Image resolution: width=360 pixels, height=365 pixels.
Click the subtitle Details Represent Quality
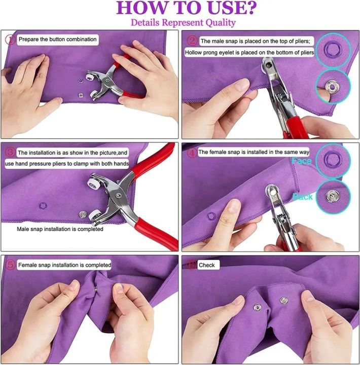[183, 22]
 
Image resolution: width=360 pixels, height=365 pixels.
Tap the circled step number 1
[10, 39]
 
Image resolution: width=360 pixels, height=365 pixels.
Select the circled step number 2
[192, 41]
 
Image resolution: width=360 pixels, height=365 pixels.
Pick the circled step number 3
[10, 152]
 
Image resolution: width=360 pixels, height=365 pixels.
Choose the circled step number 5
[10, 265]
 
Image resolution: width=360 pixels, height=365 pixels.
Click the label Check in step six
[206, 265]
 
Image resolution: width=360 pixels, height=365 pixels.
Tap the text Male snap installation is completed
[60, 229]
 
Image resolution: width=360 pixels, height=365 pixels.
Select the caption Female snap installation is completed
[64, 265]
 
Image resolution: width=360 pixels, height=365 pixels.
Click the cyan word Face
[302, 161]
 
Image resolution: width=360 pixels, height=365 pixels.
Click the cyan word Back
[302, 196]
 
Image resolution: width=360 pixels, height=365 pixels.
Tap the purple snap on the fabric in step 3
[43, 205]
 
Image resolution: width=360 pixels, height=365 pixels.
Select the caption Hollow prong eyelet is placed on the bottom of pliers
[249, 52]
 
